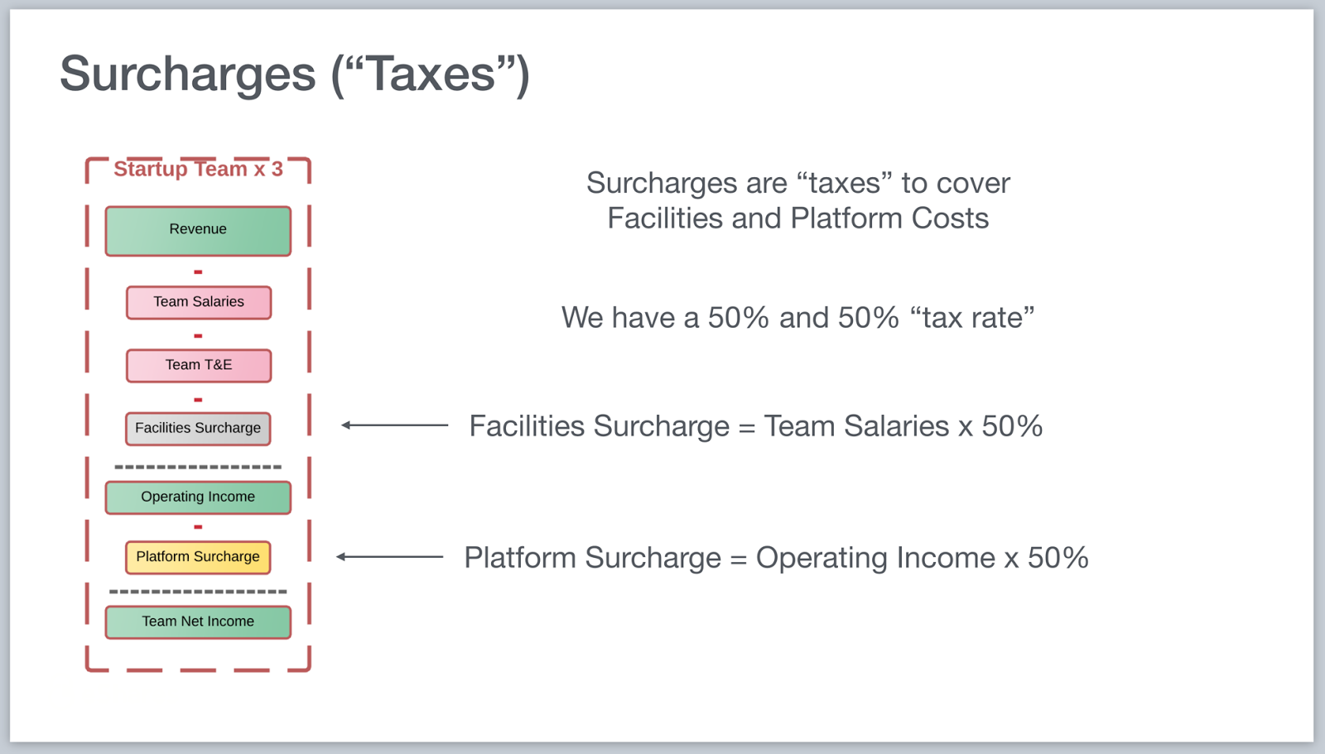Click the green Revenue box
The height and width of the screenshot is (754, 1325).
tap(198, 231)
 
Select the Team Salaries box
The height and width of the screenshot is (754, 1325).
tap(199, 302)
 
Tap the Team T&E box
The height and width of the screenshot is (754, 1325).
tap(199, 366)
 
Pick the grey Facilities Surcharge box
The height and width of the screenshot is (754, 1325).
tap(198, 428)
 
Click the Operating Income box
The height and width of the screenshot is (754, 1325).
tap(198, 497)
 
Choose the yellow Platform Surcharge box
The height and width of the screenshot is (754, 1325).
tap(198, 557)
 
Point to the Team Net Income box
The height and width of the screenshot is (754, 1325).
tap(198, 622)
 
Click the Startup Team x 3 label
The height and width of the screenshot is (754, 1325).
tap(198, 169)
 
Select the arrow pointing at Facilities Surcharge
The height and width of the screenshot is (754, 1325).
tap(394, 425)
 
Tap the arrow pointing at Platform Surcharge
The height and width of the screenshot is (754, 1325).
tap(390, 556)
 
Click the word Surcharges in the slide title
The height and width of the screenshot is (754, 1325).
tap(187, 74)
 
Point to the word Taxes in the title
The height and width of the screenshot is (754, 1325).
tap(431, 74)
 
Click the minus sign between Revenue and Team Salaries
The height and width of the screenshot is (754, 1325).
tap(198, 272)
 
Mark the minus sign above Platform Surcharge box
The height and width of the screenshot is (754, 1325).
tap(198, 527)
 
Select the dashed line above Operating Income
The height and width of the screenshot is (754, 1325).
tap(198, 467)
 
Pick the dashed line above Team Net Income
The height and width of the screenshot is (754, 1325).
tap(198, 592)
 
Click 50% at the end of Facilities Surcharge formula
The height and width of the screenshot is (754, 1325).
tap(1012, 425)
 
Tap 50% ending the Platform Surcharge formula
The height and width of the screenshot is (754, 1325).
tap(1058, 557)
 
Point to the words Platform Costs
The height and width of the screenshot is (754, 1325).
tap(889, 219)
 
